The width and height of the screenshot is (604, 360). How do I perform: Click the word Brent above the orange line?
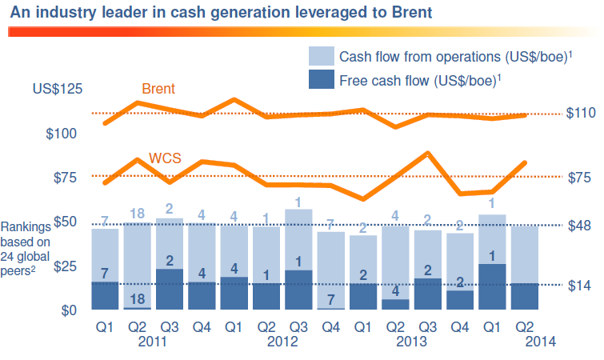pos(158,88)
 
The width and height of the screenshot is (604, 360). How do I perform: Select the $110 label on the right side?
pos(581,114)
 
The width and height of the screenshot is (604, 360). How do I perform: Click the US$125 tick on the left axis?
pos(57,89)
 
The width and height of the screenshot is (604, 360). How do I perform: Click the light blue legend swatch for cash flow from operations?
pos(320,57)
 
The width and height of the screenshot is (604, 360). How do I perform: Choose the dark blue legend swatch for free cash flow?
pos(320,80)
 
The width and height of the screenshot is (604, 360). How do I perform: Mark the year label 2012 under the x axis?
pos(282,341)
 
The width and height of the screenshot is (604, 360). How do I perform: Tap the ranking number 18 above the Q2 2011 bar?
pos(137,213)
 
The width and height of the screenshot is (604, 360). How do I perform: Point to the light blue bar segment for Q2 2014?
pos(525,254)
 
